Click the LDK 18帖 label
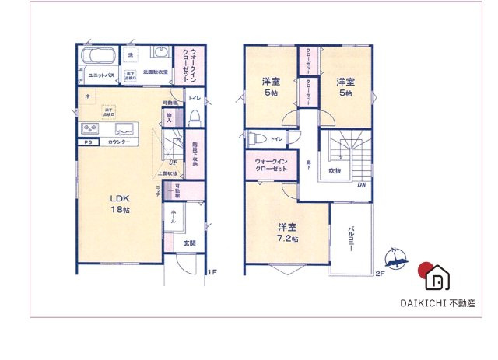tap(119, 204)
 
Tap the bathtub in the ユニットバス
tap(98, 58)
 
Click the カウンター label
tap(119, 143)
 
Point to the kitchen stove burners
tap(87, 128)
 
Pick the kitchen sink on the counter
tap(124, 128)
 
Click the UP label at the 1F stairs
tap(171, 163)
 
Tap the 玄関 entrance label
tap(190, 243)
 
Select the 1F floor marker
tap(210, 272)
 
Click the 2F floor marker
tap(380, 273)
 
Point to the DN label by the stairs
tap(361, 185)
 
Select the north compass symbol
tap(397, 260)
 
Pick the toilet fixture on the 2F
tap(258, 139)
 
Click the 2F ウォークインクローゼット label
tap(272, 166)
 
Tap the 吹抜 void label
tap(335, 170)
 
